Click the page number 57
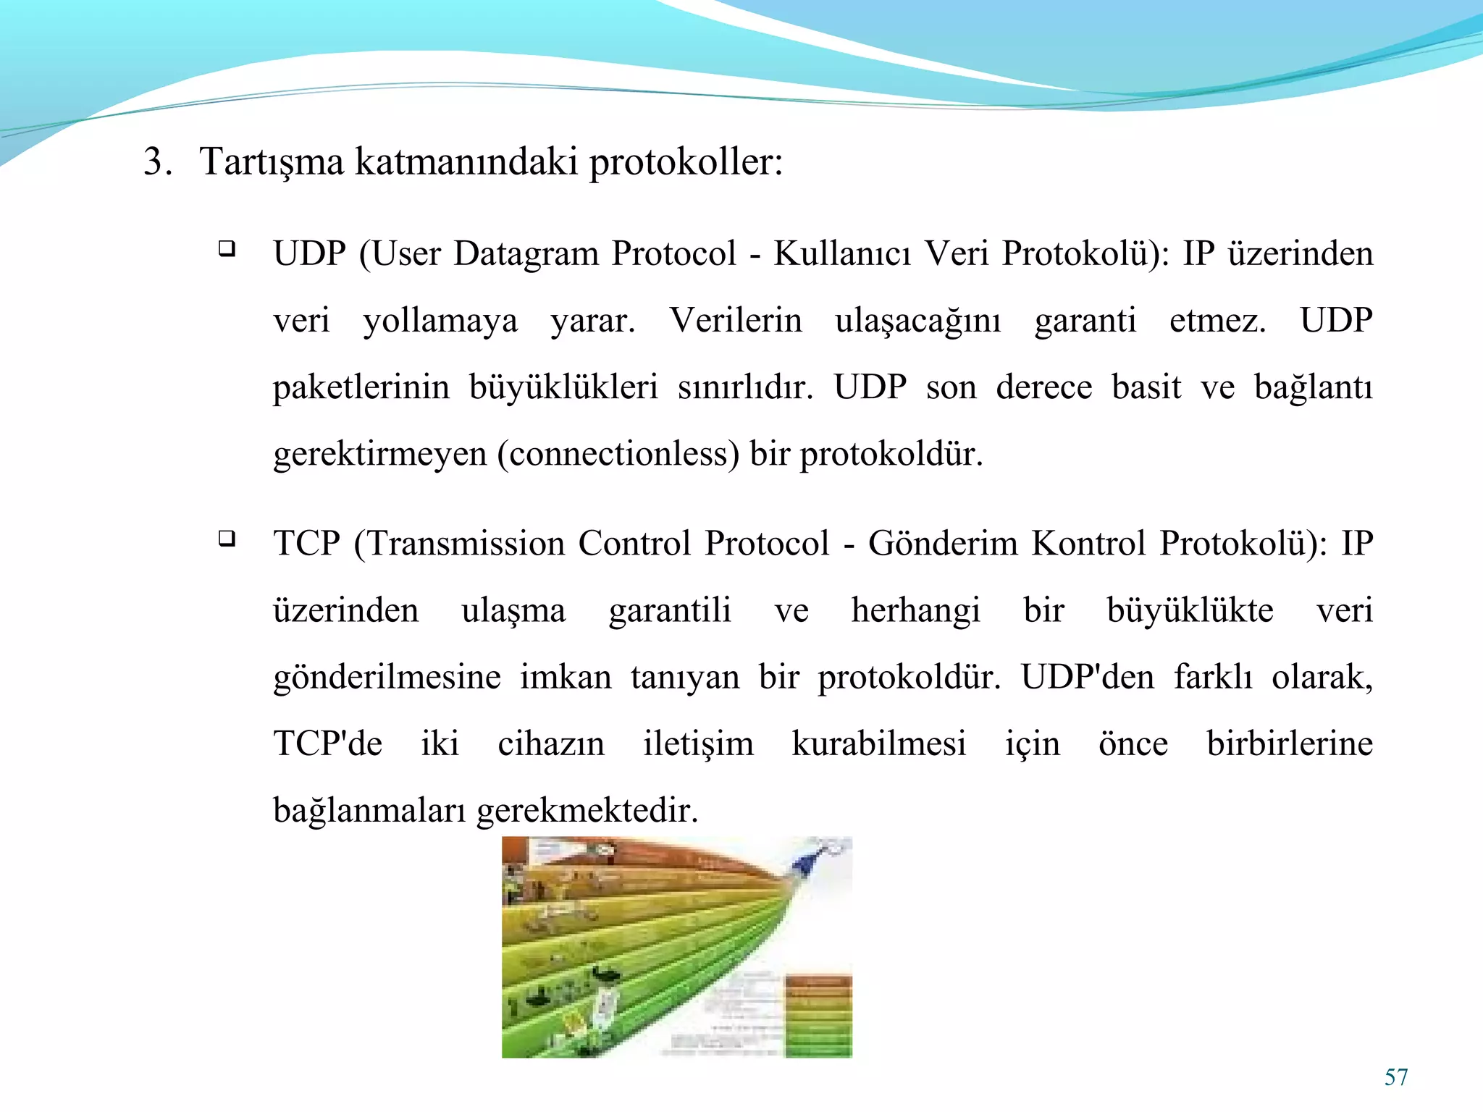click(1395, 1077)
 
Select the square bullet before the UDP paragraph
click(227, 250)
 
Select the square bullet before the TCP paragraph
click(227, 539)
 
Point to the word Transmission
click(466, 543)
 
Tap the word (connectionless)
click(618, 454)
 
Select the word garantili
click(670, 610)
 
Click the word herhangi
click(915, 610)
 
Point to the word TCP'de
click(327, 744)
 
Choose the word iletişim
click(698, 744)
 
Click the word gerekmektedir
click(587, 810)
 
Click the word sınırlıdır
click(745, 387)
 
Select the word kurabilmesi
click(879, 744)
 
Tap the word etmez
click(1217, 321)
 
